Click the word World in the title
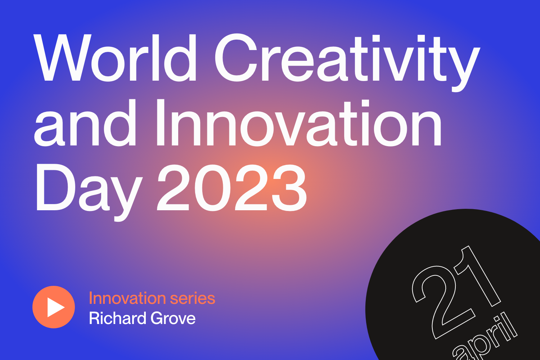point(115,58)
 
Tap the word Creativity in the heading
point(346,59)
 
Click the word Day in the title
point(88,189)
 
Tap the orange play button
point(54,307)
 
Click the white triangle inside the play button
point(55,307)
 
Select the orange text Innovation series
point(152,298)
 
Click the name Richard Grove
point(142,318)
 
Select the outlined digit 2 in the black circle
point(439,302)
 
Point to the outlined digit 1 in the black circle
point(477,275)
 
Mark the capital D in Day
point(52,188)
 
